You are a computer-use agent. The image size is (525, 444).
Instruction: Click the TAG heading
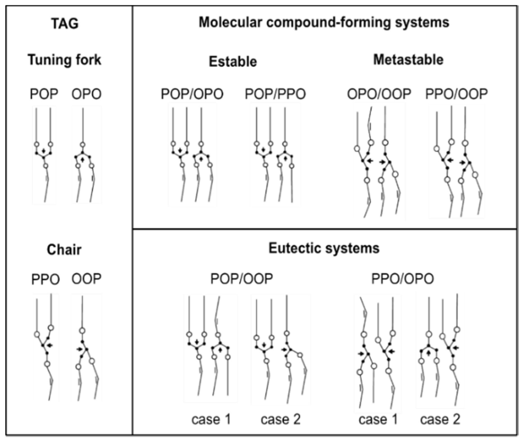pos(65,24)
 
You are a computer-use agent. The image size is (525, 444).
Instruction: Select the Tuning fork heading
pos(64,60)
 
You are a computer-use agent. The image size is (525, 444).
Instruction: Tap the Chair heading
pos(64,250)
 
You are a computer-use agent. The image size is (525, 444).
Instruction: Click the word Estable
pos(233,62)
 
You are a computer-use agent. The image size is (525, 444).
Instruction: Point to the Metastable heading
pos(408,60)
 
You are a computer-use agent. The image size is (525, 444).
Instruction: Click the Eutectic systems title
pos(324,248)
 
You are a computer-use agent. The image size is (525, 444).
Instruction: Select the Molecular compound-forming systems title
pos(324,22)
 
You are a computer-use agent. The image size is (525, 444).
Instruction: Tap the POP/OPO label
pos(192,94)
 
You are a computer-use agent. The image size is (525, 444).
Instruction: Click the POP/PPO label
pos(275,94)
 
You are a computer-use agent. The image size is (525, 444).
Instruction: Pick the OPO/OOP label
pos(379,94)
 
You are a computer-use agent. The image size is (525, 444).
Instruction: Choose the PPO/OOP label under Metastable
pos(456,94)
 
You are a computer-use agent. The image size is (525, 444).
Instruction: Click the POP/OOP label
pos(242,279)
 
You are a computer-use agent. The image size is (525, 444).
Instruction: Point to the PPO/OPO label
pos(402,279)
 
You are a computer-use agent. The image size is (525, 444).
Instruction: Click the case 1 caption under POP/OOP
pos(211,420)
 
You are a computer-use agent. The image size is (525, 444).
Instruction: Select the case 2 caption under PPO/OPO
pos(440,420)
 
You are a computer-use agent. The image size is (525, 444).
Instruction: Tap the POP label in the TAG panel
pos(44,94)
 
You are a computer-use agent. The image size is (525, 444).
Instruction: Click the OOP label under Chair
pos(86,279)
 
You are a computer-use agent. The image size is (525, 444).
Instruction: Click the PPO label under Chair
pos(45,280)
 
